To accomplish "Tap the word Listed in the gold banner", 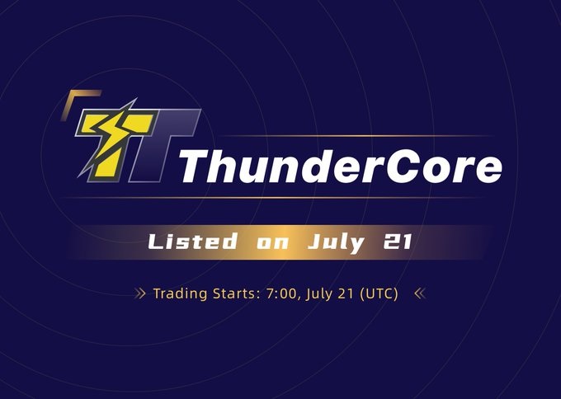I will pyautogui.click(x=188, y=243).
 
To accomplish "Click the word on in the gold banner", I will pyautogui.click(x=270, y=244).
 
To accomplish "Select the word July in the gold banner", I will pyautogui.click(x=334, y=244).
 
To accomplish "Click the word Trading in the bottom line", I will pyautogui.click(x=180, y=293).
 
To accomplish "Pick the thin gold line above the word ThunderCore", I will pyautogui.click(x=346, y=135).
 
